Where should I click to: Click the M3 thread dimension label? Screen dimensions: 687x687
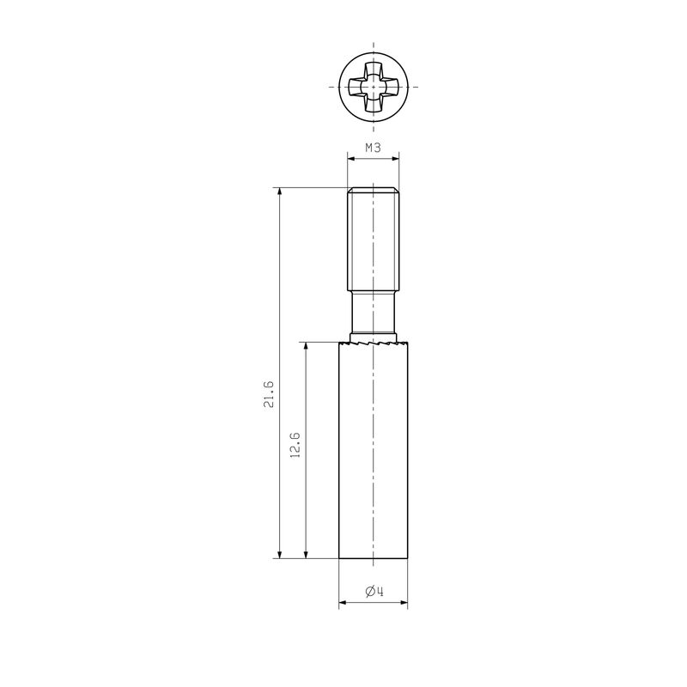coord(374,148)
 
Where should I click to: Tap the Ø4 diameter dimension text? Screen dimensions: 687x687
coord(374,591)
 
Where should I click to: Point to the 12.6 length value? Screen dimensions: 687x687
coord(295,447)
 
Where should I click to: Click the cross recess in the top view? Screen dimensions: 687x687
coord(374,88)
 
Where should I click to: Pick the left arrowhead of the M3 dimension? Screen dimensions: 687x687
coord(350,158)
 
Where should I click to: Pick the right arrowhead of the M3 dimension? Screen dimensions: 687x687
coord(397,158)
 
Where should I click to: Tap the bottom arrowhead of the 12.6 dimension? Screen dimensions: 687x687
coord(306,553)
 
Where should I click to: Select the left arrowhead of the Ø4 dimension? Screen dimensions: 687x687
coord(343,602)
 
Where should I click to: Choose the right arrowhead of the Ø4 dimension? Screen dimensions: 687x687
coord(404,602)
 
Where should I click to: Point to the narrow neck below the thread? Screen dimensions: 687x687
coord(374,313)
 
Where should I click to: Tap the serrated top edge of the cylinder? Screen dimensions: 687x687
coord(374,344)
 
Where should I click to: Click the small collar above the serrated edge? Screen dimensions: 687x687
coord(374,337)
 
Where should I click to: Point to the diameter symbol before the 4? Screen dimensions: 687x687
coord(369,591)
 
